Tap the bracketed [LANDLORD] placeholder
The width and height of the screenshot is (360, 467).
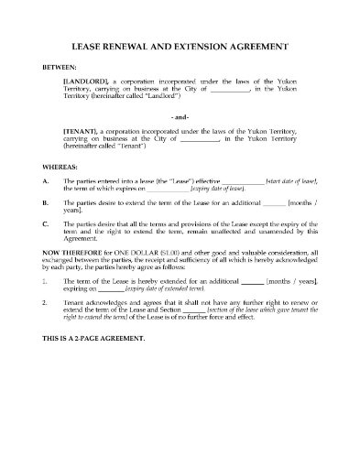tap(88, 82)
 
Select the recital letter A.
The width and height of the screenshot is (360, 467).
tap(46, 182)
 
